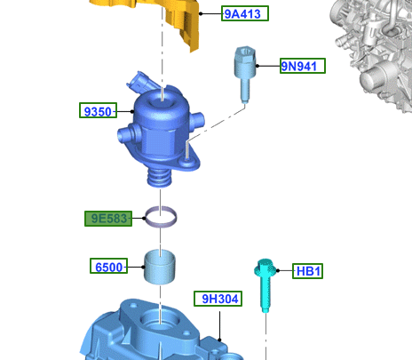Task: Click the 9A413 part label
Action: (x=245, y=13)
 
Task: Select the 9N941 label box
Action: (x=303, y=66)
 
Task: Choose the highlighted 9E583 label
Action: (x=108, y=219)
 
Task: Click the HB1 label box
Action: (x=307, y=271)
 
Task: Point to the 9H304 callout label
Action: (x=218, y=299)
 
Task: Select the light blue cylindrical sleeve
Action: (x=160, y=267)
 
